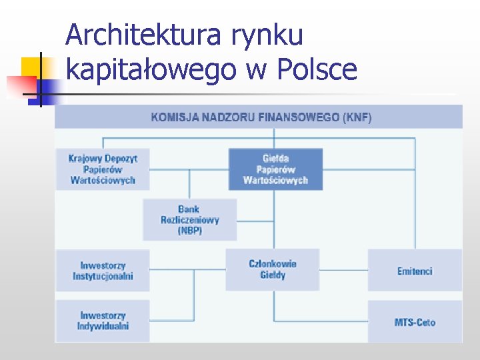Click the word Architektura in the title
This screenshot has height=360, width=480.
pos(143,35)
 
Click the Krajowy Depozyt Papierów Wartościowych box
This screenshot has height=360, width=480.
pos(102,169)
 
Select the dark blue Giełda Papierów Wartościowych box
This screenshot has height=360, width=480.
pos(275,169)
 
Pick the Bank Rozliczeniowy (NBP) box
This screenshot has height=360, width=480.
pos(189,219)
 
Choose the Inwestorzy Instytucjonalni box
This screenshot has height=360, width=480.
pos(102,271)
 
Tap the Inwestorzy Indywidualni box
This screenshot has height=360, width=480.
pos(102,321)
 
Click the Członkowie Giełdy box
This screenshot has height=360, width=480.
pos(272,269)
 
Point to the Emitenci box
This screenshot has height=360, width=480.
pos(415,271)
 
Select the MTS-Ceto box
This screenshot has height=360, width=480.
pos(415,322)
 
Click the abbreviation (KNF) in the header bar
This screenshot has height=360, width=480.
pos(357,117)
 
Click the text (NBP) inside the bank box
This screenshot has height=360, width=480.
pos(189,231)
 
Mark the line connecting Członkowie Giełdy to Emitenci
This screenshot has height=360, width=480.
pos(343,270)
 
